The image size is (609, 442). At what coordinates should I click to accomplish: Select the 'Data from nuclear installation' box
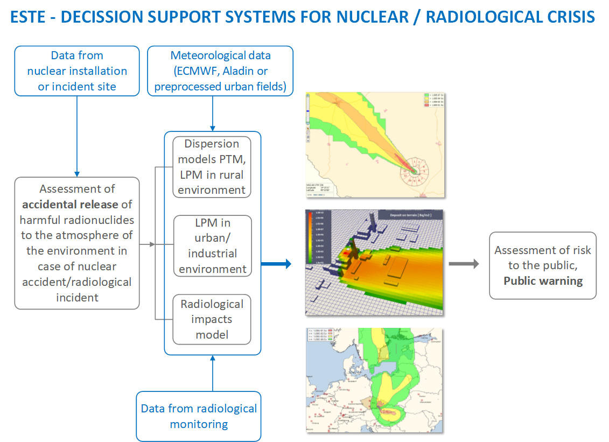pyautogui.click(x=77, y=71)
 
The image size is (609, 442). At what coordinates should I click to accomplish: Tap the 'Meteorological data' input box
pyautogui.click(x=220, y=71)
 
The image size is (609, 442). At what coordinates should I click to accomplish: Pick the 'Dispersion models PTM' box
pyautogui.click(x=212, y=167)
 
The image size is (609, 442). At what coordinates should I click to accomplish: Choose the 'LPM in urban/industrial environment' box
pyautogui.click(x=212, y=246)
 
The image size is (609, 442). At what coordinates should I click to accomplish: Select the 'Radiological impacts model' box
pyautogui.click(x=212, y=319)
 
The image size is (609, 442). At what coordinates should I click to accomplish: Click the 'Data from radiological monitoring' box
pyautogui.click(x=199, y=416)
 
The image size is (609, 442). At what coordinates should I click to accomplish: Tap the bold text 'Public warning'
pyautogui.click(x=543, y=280)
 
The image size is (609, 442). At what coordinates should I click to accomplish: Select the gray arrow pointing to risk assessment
pyautogui.click(x=464, y=264)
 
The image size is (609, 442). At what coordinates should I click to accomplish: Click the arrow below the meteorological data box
pyautogui.click(x=214, y=114)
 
